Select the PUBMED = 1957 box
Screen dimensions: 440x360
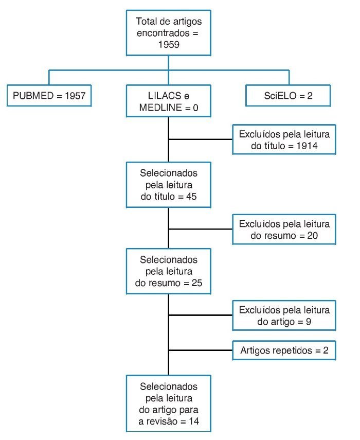click(x=49, y=95)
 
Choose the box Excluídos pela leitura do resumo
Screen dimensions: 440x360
click(x=284, y=230)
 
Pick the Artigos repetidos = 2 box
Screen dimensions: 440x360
click(x=284, y=351)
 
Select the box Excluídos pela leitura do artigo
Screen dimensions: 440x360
click(x=284, y=315)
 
